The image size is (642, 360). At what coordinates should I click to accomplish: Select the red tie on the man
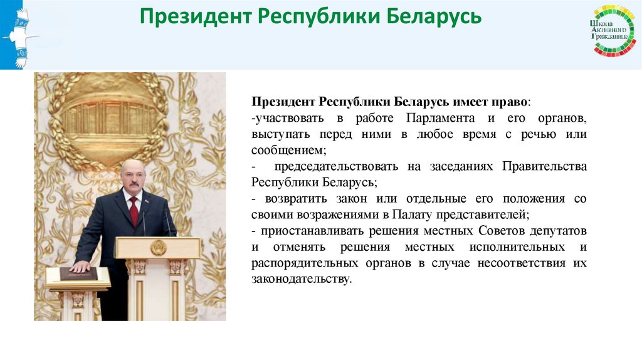(x=134, y=211)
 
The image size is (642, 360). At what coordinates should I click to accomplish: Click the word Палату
(x=416, y=214)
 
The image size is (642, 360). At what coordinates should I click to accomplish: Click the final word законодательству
(x=301, y=279)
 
